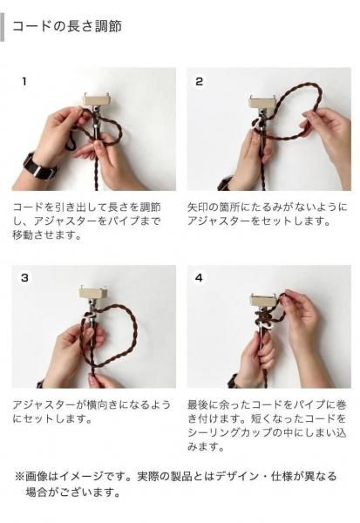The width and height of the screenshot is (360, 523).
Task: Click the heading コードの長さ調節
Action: (x=67, y=26)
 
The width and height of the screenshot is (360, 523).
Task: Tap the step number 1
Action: (x=24, y=81)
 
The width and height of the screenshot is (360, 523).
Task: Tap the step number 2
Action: (x=200, y=81)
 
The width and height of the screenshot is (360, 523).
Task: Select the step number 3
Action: (x=24, y=278)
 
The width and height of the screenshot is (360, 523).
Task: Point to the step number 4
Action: (x=200, y=278)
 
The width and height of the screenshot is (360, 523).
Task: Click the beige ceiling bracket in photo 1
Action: (x=96, y=99)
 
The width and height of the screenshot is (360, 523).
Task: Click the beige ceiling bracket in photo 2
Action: (x=263, y=101)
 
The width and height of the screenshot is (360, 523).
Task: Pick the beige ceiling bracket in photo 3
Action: (x=93, y=293)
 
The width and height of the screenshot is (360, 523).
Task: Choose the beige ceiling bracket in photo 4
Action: (x=265, y=300)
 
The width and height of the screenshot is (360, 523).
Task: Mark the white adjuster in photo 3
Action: (x=90, y=316)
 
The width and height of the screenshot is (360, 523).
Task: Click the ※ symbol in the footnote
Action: (x=19, y=476)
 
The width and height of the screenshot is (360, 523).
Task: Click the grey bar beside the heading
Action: (x=2, y=27)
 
